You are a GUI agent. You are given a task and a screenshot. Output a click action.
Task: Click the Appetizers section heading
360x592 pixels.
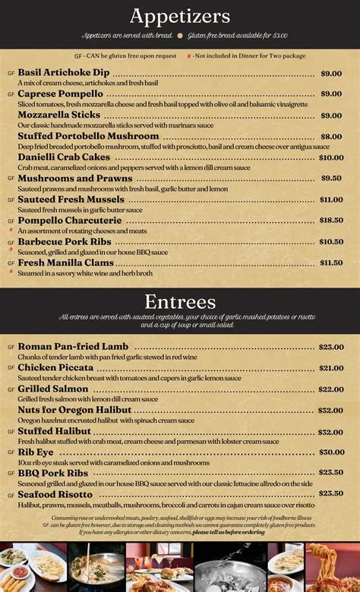[x=179, y=16]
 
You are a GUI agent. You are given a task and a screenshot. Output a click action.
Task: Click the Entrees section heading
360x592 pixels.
[x=179, y=301]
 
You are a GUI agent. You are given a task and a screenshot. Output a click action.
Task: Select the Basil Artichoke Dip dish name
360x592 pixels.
[x=64, y=73]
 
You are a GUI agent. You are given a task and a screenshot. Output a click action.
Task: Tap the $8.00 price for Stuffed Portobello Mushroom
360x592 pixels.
[x=331, y=137]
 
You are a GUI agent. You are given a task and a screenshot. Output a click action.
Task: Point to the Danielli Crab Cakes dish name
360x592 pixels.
[x=64, y=157]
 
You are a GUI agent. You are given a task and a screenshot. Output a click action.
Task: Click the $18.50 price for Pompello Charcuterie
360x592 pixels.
[x=330, y=220]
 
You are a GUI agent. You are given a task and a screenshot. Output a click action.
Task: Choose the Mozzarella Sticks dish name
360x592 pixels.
[x=59, y=115]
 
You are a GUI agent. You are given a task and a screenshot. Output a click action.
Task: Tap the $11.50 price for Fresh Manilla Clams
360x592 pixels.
[x=330, y=263]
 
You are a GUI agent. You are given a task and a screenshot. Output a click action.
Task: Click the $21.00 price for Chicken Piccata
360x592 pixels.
[x=330, y=368]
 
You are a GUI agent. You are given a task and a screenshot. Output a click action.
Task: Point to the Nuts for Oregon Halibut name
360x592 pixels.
[x=74, y=411]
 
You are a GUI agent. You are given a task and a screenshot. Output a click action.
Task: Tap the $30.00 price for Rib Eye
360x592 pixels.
[x=330, y=452]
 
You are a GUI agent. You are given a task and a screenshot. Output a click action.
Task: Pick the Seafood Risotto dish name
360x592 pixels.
[x=55, y=495]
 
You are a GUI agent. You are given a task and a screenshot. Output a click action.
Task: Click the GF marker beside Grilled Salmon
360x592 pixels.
[x=11, y=389]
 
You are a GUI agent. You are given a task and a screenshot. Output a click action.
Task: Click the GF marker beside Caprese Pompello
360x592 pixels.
[x=11, y=94]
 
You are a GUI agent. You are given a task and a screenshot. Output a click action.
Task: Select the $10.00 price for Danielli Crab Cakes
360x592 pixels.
[x=330, y=158]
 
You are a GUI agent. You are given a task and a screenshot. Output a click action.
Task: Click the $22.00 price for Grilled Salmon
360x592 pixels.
[x=330, y=389]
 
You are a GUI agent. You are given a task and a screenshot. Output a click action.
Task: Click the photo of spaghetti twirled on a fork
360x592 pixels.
[x=333, y=567]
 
